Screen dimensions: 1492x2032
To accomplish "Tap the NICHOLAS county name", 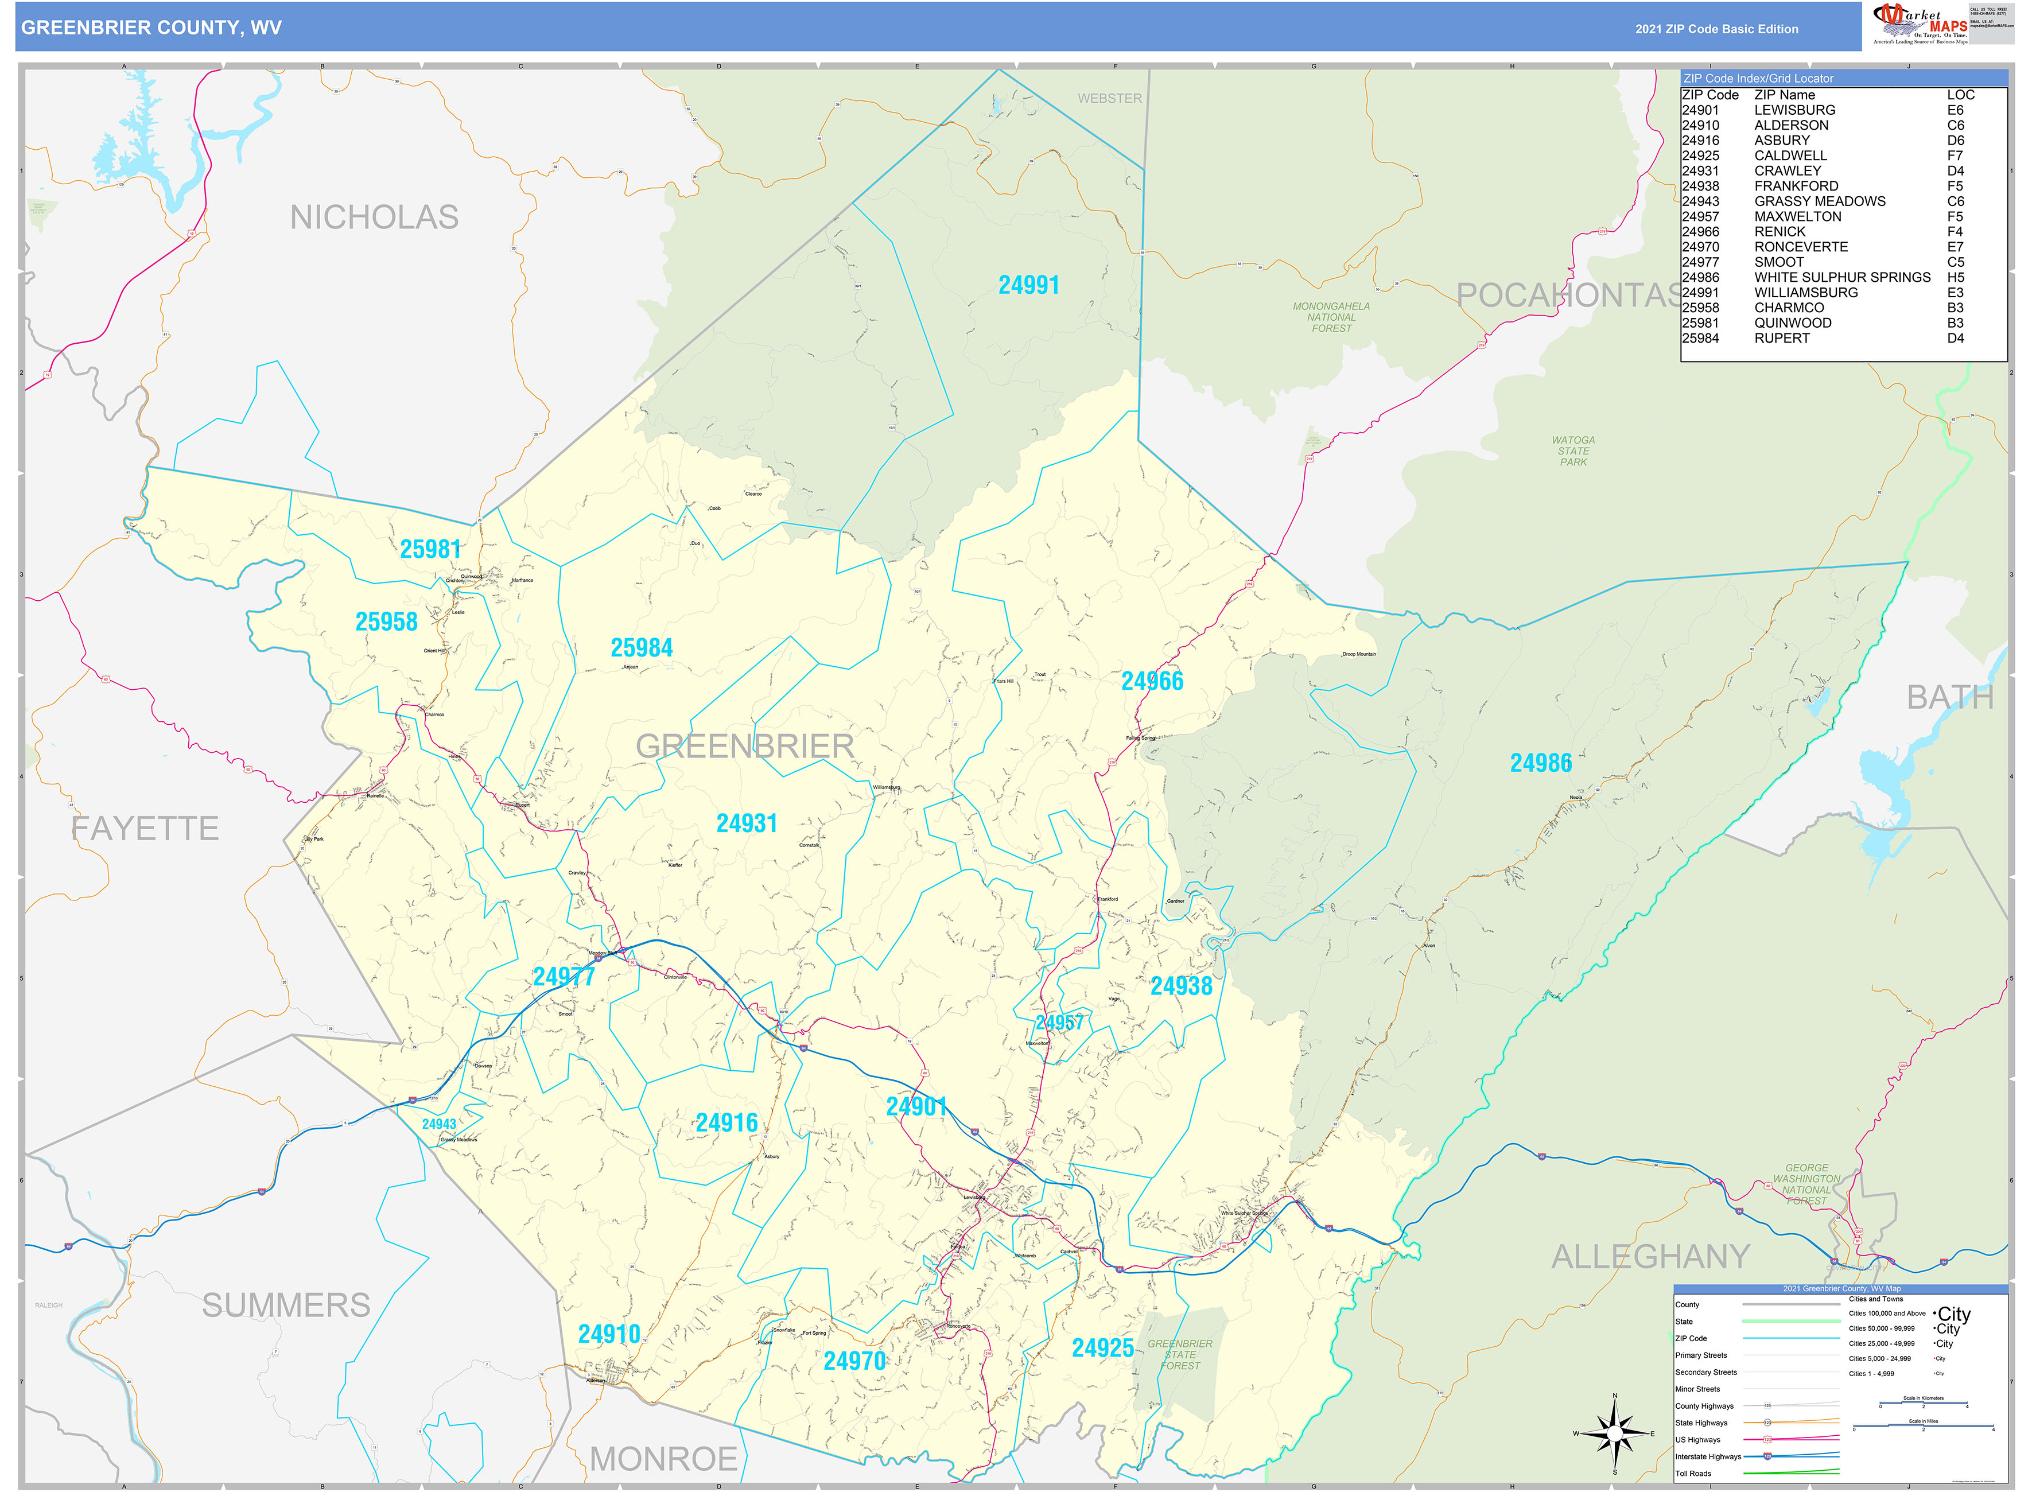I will click(x=374, y=217).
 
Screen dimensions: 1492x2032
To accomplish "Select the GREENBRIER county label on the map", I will click(x=744, y=746).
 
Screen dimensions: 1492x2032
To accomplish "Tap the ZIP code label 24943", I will click(x=439, y=1124).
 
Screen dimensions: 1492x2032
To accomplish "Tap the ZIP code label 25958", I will click(x=387, y=621).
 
